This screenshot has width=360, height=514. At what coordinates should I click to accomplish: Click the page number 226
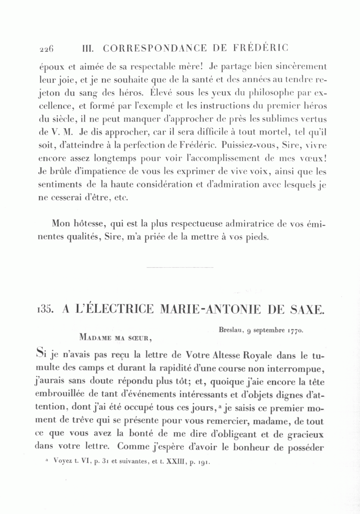46,49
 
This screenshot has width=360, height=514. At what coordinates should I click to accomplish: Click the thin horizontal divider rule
180,267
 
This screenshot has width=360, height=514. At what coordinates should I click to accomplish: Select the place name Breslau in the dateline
230,331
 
